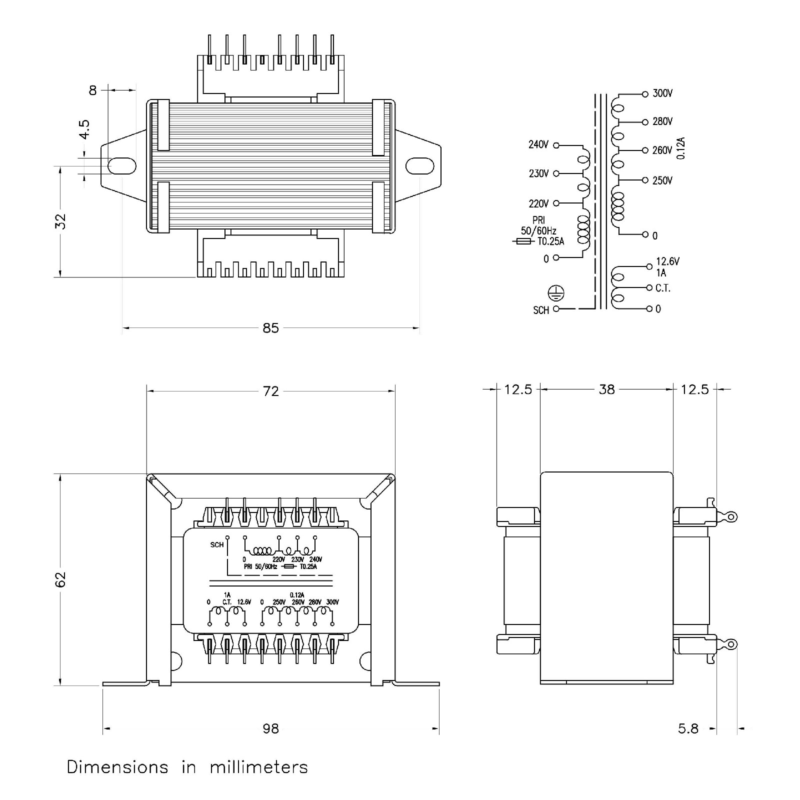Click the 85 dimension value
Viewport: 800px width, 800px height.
[270, 328]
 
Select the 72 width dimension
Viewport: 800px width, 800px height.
[270, 391]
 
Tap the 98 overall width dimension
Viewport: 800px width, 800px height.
[270, 728]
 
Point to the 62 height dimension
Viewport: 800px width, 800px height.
[60, 579]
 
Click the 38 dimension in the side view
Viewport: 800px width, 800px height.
[606, 389]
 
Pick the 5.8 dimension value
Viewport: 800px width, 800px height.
[688, 728]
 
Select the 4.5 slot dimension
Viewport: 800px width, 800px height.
[85, 129]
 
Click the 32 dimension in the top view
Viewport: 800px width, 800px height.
[60, 221]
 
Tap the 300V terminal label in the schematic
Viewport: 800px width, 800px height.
[662, 93]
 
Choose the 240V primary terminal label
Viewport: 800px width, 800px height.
[538, 144]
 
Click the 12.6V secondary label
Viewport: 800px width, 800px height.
[667, 261]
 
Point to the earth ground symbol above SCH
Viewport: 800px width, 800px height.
[556, 292]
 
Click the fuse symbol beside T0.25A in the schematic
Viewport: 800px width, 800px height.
[523, 241]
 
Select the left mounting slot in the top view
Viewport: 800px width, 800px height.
[122, 165]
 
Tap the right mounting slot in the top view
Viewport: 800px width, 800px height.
[419, 165]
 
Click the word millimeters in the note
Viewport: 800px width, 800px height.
[258, 767]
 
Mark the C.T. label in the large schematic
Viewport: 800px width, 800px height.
[662, 288]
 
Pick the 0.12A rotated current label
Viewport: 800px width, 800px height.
[681, 148]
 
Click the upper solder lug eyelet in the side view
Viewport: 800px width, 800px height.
[731, 516]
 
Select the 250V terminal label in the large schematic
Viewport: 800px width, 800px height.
[662, 180]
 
